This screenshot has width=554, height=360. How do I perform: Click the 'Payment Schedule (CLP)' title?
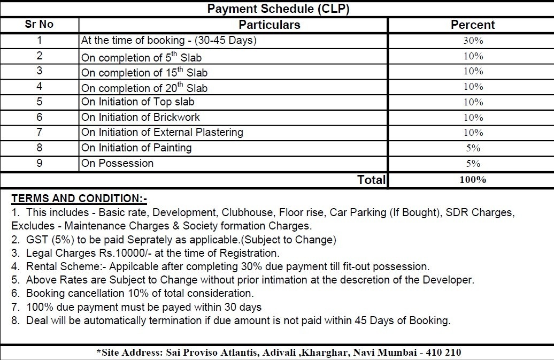(x=278, y=9)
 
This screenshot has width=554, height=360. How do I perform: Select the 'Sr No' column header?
(x=39, y=25)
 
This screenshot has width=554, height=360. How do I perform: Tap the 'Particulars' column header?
(x=269, y=25)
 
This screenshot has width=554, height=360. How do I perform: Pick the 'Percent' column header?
(x=473, y=25)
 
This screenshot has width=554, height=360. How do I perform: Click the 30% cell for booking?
(x=473, y=41)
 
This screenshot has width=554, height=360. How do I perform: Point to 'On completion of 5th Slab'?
(x=141, y=57)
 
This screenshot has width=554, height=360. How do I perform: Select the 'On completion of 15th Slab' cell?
(x=144, y=72)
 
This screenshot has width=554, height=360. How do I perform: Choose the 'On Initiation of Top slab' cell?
(x=138, y=102)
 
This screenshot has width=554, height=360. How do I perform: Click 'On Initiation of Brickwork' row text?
(x=141, y=117)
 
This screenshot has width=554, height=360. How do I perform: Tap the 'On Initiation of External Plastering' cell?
(x=162, y=132)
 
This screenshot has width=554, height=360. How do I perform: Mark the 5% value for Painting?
(x=473, y=148)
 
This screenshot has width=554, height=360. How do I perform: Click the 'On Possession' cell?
(x=117, y=163)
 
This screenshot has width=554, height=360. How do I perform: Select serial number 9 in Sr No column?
(x=39, y=163)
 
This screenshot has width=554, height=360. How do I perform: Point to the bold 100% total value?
(x=473, y=180)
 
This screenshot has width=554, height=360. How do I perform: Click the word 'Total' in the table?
(x=371, y=180)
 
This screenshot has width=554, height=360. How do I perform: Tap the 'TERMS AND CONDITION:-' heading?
(x=79, y=199)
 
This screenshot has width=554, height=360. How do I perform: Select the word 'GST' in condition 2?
(x=37, y=240)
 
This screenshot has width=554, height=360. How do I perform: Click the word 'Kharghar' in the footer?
(x=323, y=353)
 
